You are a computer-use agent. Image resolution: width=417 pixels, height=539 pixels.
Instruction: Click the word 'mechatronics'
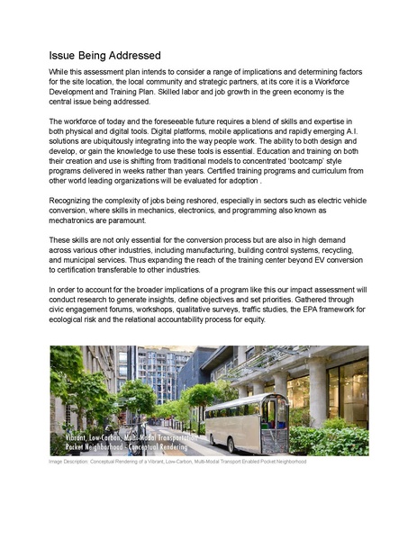click(x=77, y=219)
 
